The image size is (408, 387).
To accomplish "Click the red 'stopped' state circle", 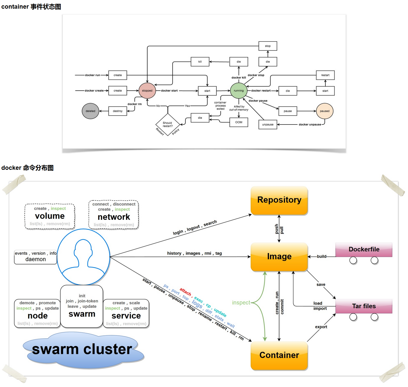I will pyautogui.click(x=147, y=91).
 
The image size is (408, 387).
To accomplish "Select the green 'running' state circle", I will pyautogui.click(x=239, y=91).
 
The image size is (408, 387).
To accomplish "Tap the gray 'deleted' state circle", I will pyautogui.click(x=90, y=111).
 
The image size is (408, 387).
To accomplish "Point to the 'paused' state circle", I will pyautogui.click(x=325, y=111).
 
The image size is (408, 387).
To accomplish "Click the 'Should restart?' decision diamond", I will pyautogui.click(x=168, y=125).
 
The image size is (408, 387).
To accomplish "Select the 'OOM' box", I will pyautogui.click(x=239, y=122).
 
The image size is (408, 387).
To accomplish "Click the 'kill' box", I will pyautogui.click(x=200, y=62).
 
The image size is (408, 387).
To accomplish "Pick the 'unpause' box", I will pyautogui.click(x=268, y=125).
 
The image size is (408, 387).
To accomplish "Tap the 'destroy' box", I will pyautogui.click(x=118, y=111).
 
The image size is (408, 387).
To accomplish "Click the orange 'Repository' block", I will pyautogui.click(x=279, y=200).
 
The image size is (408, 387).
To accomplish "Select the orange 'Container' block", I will pyautogui.click(x=279, y=355).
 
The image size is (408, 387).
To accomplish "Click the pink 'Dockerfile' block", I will pyautogui.click(x=364, y=250).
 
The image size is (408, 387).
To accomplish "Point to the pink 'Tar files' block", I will pyautogui.click(x=364, y=306).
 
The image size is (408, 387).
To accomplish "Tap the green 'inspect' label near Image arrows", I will pyautogui.click(x=241, y=302).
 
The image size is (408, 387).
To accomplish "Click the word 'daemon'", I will pyautogui.click(x=36, y=259).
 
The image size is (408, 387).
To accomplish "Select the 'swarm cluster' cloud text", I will pyautogui.click(x=82, y=349).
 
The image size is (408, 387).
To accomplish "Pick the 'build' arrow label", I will pyautogui.click(x=322, y=256).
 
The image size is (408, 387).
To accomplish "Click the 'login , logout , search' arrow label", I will pyautogui.click(x=195, y=227).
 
